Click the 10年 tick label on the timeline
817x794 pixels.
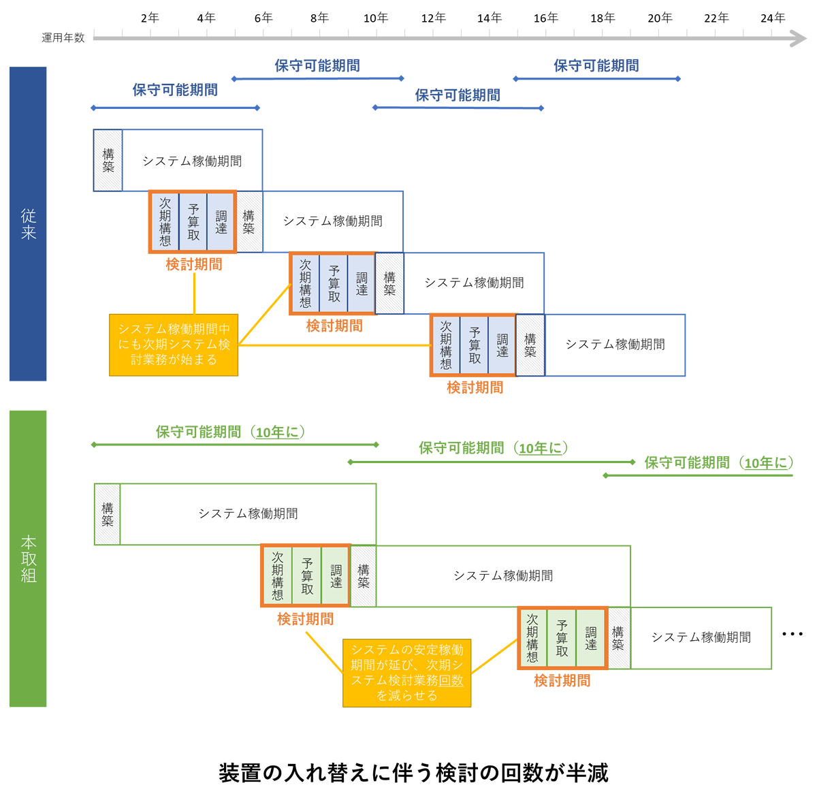[375, 18]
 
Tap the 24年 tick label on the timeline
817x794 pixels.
[773, 18]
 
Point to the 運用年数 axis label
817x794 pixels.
[63, 38]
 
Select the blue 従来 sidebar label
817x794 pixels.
[28, 223]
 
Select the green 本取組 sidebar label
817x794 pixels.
[28, 558]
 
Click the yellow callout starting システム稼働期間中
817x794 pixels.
[174, 345]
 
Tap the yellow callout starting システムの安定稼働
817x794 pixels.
[407, 672]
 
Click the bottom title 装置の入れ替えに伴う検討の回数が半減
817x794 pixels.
[413, 773]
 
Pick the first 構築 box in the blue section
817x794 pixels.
[108, 161]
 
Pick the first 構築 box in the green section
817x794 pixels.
[108, 514]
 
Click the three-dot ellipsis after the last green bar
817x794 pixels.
[792, 635]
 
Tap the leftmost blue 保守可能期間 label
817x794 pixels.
[175, 90]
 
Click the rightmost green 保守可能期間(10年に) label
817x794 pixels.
[718, 463]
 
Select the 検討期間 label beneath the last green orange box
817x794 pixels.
[562, 680]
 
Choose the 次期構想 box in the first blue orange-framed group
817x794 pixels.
[165, 222]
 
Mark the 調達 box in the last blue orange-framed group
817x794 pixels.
[502, 345]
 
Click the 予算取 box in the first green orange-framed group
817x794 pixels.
[307, 576]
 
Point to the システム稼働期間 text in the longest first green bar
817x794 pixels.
[248, 514]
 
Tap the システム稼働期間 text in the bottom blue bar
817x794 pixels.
[615, 345]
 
